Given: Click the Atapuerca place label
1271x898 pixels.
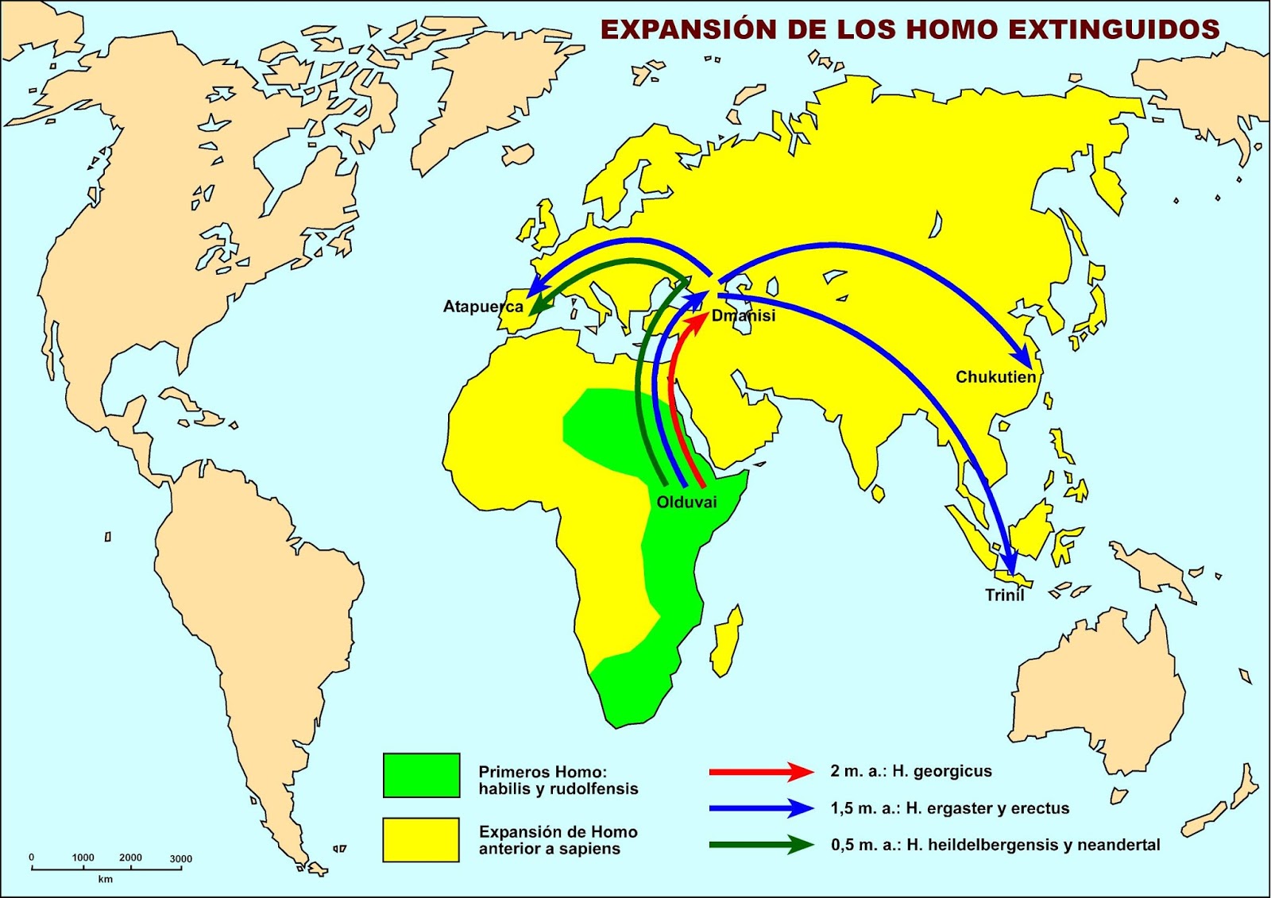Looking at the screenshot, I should coord(483,306).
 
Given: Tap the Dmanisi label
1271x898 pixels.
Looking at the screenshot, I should coord(743,315).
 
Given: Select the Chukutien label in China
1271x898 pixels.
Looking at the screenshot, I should coord(995,377).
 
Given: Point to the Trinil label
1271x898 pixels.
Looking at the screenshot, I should coord(1004,595).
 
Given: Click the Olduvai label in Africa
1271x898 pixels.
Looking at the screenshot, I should coord(686,502).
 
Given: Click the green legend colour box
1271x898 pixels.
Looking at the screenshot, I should coord(421,775).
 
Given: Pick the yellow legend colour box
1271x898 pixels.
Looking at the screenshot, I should coord(421,839).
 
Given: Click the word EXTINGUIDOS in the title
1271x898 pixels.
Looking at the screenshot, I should coord(1115,29).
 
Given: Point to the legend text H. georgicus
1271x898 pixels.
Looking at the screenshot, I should coord(942,771).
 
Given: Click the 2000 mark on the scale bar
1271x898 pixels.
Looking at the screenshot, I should coord(130,858).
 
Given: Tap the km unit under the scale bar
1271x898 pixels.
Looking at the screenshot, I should coord(105,879).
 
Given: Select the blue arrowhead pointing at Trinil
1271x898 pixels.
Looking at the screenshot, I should coord(1010,564).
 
